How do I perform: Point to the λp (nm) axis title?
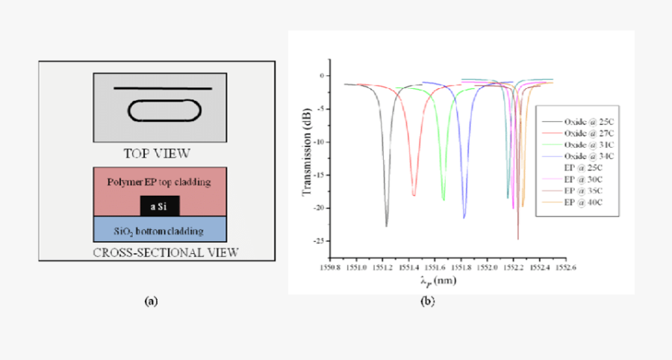click(438, 281)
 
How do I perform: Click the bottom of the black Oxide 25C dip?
click(387, 225)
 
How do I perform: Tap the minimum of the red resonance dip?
click(414, 196)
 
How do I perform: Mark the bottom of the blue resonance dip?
click(464, 217)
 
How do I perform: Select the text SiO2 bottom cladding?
click(158, 226)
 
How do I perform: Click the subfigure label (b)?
click(428, 302)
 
